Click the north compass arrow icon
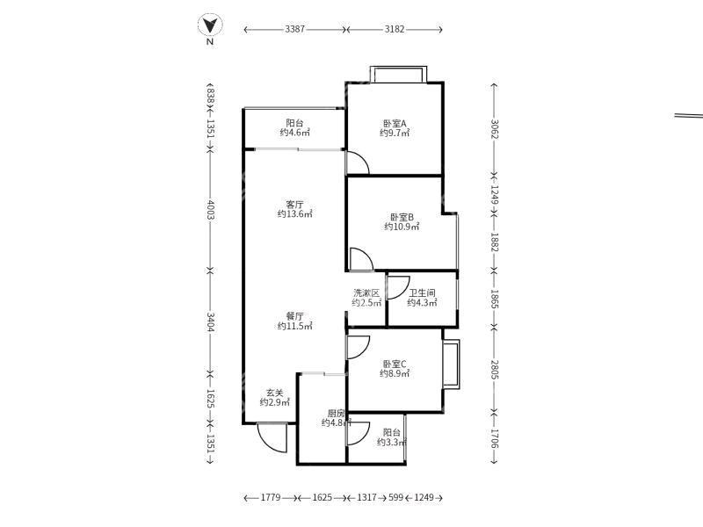point(210,25)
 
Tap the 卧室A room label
point(395,123)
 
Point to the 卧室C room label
point(395,364)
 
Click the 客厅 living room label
point(294,204)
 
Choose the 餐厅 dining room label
point(294,316)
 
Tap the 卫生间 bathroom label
point(422,293)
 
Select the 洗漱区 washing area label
point(366,293)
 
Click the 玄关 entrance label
point(274,393)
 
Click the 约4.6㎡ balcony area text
point(294,133)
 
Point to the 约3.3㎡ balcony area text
point(392,443)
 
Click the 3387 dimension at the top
point(295,29)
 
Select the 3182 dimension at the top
point(395,29)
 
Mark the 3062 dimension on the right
point(494,128)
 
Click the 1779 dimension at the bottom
point(271,498)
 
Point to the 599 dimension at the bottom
point(397,498)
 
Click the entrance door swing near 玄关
point(272,437)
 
